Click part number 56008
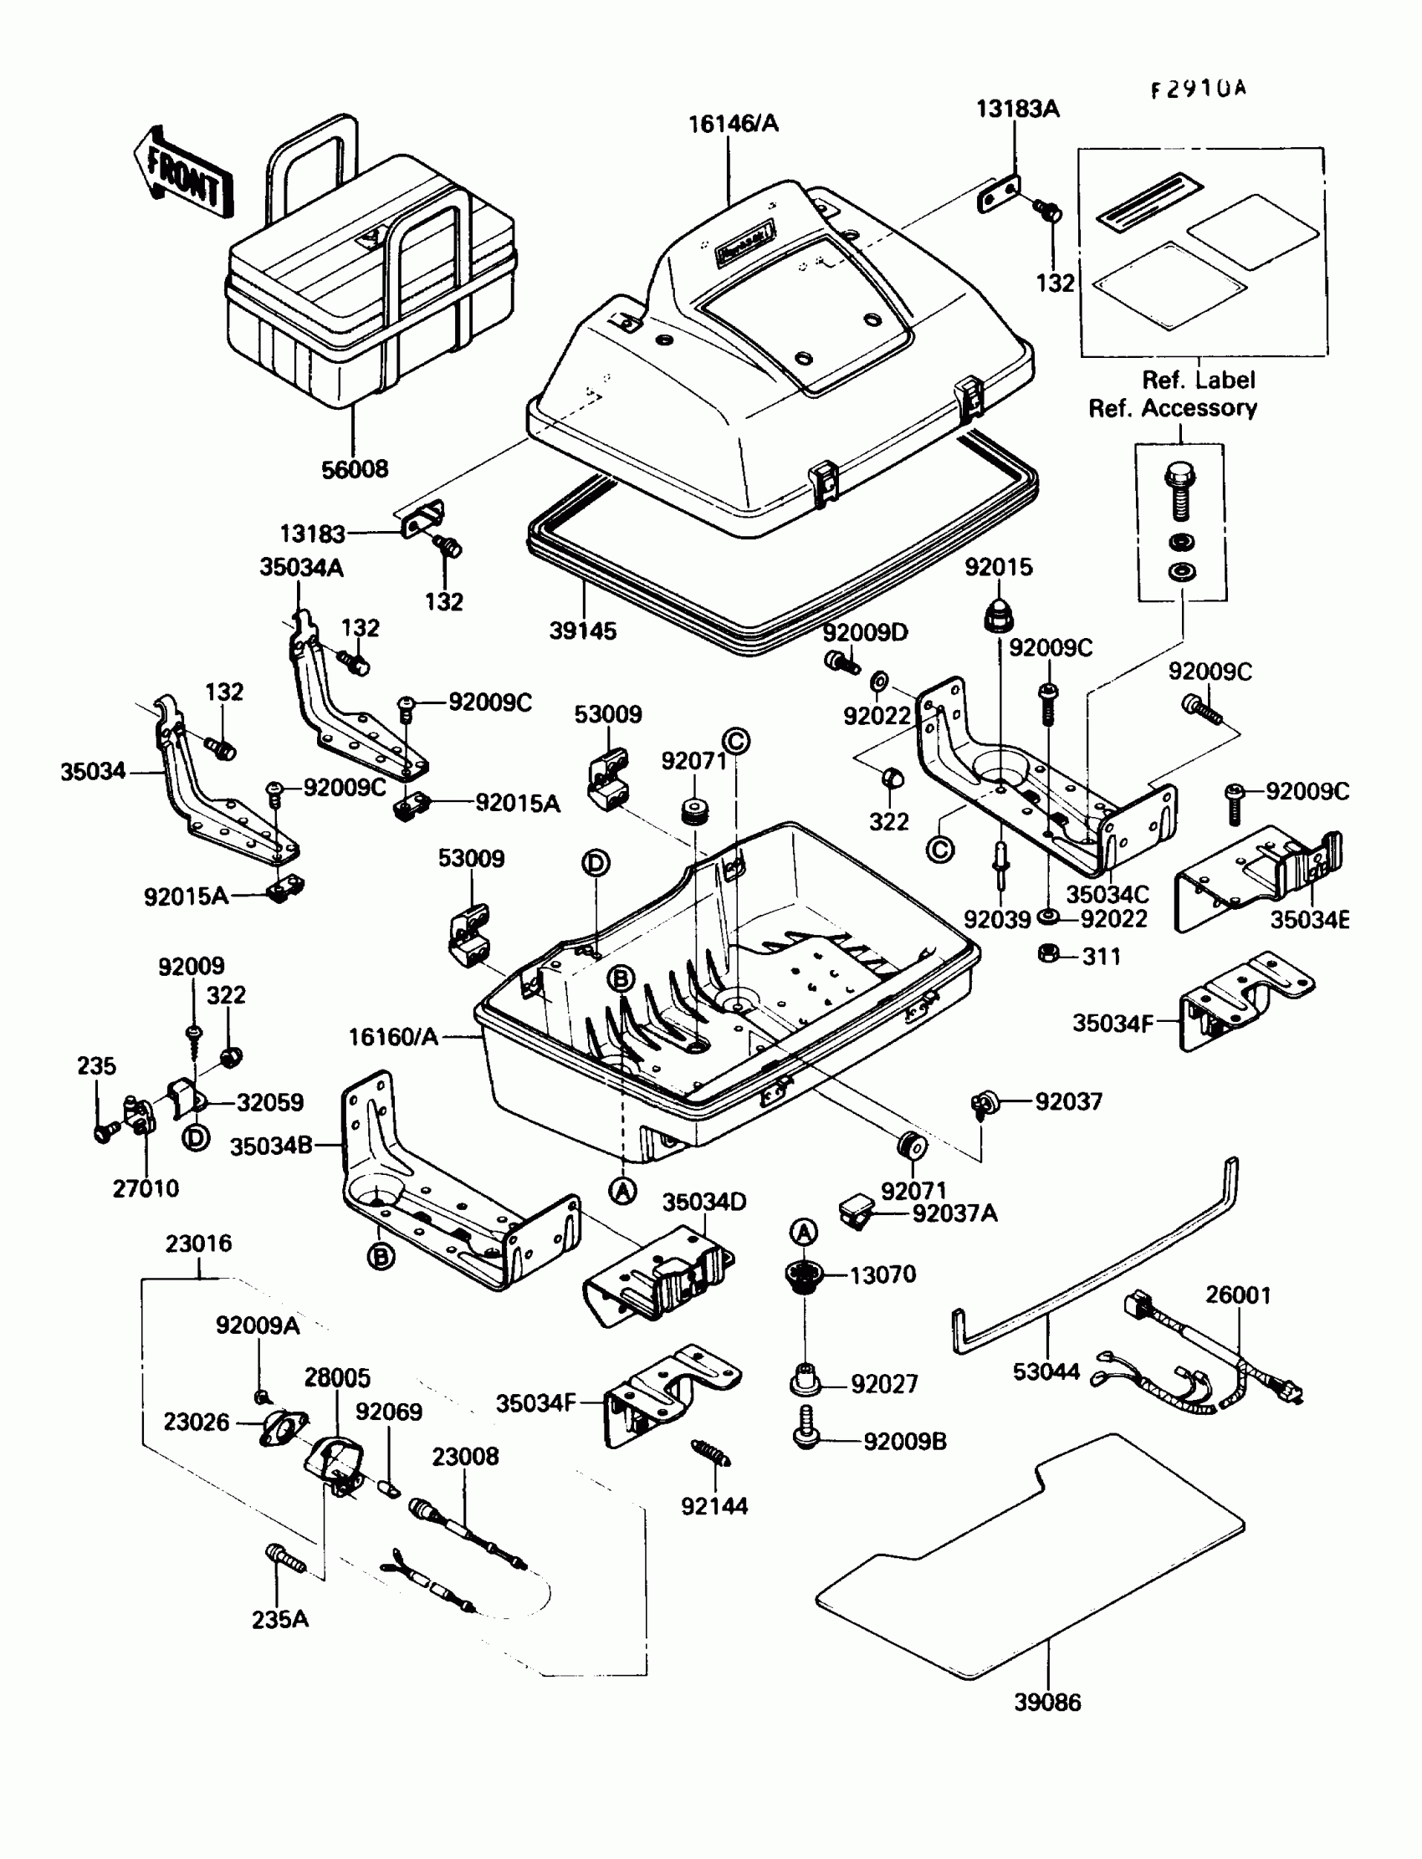coord(355,469)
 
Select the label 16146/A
coord(733,124)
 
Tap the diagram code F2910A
coord(1198,89)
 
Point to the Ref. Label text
coord(1199,379)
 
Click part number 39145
coord(582,631)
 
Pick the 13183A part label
coord(1017,110)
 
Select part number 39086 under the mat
coord(1047,1702)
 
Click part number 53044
coord(1046,1371)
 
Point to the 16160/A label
coord(394,1036)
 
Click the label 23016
coord(198,1243)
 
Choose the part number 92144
coord(714,1505)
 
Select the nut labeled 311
coord(1048,953)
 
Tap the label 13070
coord(882,1274)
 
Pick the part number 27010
coord(146,1188)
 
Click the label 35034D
coord(704,1202)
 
